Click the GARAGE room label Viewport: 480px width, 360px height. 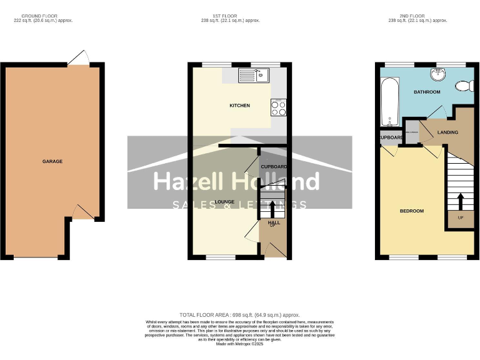click(52, 162)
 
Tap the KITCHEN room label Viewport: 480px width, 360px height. click(239, 106)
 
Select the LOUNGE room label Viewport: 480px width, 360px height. click(224, 202)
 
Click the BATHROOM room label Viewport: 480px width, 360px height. click(427, 92)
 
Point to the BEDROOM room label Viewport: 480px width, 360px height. click(412, 211)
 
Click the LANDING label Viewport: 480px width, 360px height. click(447, 132)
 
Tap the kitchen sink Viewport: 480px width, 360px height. click(254, 76)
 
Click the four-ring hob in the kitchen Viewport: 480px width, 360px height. click(278, 108)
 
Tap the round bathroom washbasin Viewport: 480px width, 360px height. click(437, 75)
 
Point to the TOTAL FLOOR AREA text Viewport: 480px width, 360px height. click(239, 314)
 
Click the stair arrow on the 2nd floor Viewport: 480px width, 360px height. click(461, 202)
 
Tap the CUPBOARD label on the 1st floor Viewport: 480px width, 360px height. click(274, 167)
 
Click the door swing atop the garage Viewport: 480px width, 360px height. click(78, 58)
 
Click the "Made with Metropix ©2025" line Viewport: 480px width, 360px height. click(239, 344)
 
